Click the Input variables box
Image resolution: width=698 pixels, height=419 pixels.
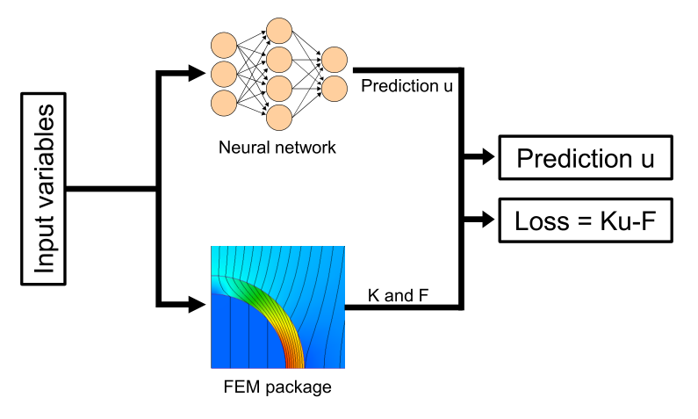[44, 189]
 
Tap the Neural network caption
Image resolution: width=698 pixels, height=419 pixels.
[277, 148]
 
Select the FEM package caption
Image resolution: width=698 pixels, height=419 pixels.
[277, 387]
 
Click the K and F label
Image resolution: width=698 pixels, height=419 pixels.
[398, 295]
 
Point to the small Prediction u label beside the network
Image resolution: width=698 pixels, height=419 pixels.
[407, 86]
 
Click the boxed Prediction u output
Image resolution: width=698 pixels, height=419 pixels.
[586, 157]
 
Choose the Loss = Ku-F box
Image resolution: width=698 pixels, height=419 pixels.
[586, 220]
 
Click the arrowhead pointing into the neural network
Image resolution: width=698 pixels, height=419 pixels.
[198, 73]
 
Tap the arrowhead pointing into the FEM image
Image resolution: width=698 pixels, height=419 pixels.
[198, 305]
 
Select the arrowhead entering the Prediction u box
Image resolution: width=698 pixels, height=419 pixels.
[486, 156]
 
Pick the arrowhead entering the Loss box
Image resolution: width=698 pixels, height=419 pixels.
[486, 219]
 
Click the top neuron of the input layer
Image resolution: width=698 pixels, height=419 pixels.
[224, 46]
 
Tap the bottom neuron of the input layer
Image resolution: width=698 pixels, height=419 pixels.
[224, 104]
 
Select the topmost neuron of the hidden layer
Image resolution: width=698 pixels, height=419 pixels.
[279, 31]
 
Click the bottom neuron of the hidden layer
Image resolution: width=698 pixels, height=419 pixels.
[279, 118]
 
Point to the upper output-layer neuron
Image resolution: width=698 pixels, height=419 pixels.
[335, 60]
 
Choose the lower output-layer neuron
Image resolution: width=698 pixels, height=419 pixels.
[335, 89]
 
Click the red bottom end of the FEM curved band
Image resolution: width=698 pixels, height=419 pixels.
[295, 362]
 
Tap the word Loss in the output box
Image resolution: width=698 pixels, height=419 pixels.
[542, 220]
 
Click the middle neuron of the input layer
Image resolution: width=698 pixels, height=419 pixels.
[224, 75]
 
